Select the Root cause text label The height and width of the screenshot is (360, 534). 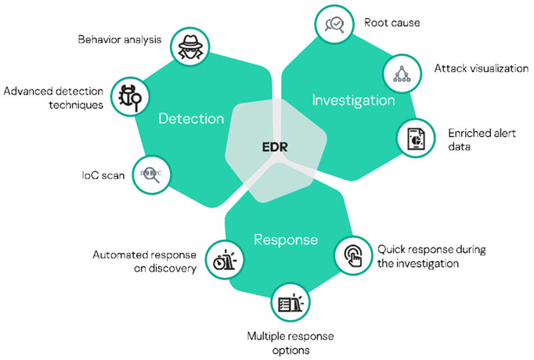click(x=392, y=23)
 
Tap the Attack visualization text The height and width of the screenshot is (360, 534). click(x=481, y=69)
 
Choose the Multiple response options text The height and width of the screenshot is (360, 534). click(x=290, y=342)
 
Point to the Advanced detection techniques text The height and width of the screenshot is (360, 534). click(x=52, y=98)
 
